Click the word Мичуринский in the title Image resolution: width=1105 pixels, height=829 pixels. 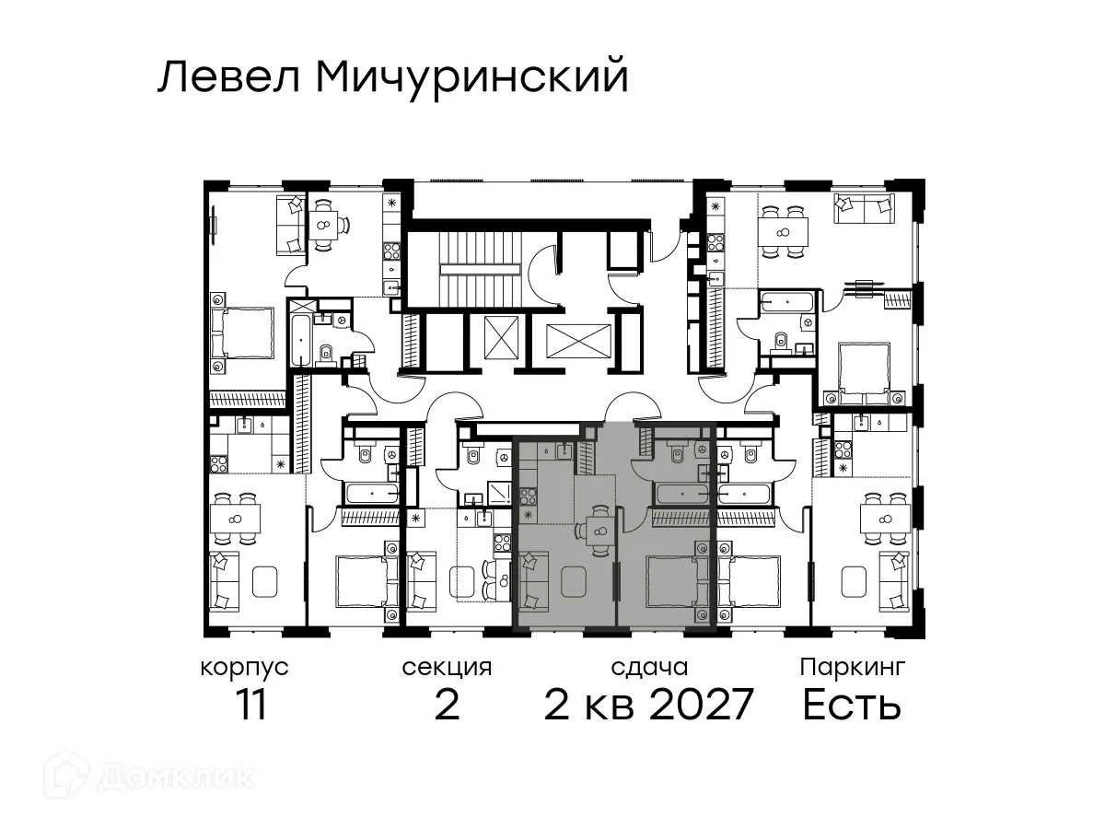471,78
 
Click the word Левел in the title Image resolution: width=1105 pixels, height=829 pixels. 230,78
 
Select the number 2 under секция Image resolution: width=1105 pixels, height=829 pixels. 447,705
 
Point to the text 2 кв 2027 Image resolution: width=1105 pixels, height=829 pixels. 649,705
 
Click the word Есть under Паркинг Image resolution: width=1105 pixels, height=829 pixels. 852,705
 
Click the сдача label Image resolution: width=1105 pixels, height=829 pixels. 649,666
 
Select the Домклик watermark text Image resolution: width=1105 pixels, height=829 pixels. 175,778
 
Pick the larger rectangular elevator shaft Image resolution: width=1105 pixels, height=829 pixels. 578,342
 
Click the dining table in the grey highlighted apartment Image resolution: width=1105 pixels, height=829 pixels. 599,529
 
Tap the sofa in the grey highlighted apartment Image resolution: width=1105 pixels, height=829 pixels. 534,582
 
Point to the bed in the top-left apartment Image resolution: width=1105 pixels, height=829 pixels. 243,333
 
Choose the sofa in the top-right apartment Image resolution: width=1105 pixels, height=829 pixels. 863,208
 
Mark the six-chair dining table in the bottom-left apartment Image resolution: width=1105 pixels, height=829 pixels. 236,520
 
